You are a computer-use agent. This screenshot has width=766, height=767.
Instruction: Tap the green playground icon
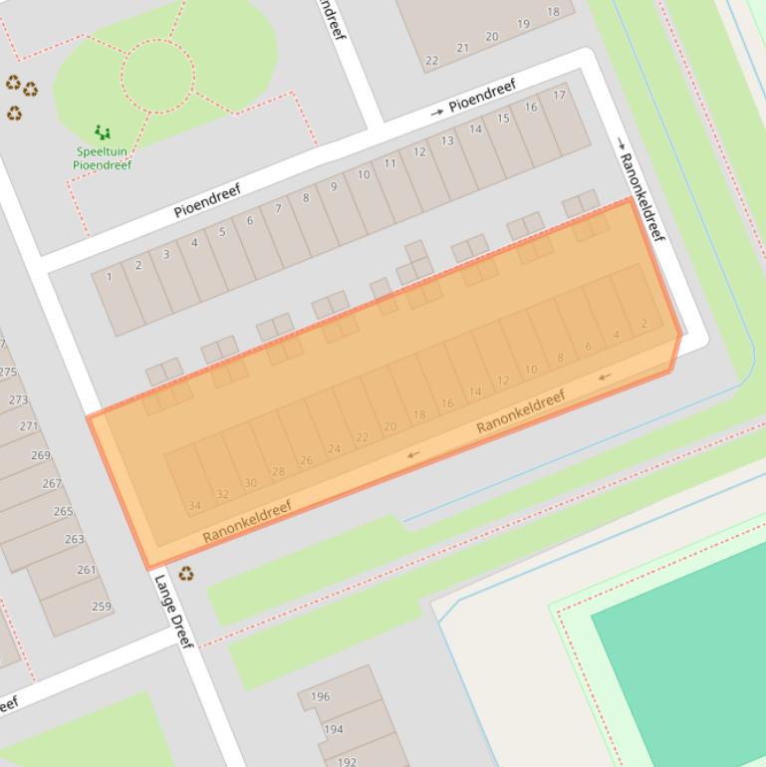click(102, 131)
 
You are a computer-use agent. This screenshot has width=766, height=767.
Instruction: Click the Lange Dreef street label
click(173, 611)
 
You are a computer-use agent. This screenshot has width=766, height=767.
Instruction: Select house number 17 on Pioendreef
click(559, 96)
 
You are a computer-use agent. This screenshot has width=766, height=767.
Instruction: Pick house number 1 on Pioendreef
click(110, 278)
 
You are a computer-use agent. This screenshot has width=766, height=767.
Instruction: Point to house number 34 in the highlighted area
click(194, 506)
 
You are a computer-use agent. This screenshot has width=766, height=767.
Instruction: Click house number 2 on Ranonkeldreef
click(644, 324)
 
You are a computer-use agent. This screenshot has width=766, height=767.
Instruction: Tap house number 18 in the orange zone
click(418, 415)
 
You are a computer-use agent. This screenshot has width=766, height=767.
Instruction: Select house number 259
click(101, 606)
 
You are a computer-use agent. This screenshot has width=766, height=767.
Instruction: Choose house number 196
click(320, 697)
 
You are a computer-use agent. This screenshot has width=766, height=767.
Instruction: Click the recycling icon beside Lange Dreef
click(186, 574)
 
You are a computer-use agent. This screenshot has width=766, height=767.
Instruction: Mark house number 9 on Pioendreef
click(334, 186)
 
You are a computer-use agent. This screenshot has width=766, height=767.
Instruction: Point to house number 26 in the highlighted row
click(306, 460)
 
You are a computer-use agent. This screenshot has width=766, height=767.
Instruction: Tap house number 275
click(8, 373)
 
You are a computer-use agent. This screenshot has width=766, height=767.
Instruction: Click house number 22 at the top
click(431, 61)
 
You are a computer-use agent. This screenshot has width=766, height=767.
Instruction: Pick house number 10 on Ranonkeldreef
click(531, 370)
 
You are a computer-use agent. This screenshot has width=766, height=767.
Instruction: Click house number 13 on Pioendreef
click(447, 140)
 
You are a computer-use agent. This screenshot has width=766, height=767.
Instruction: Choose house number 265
click(63, 511)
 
